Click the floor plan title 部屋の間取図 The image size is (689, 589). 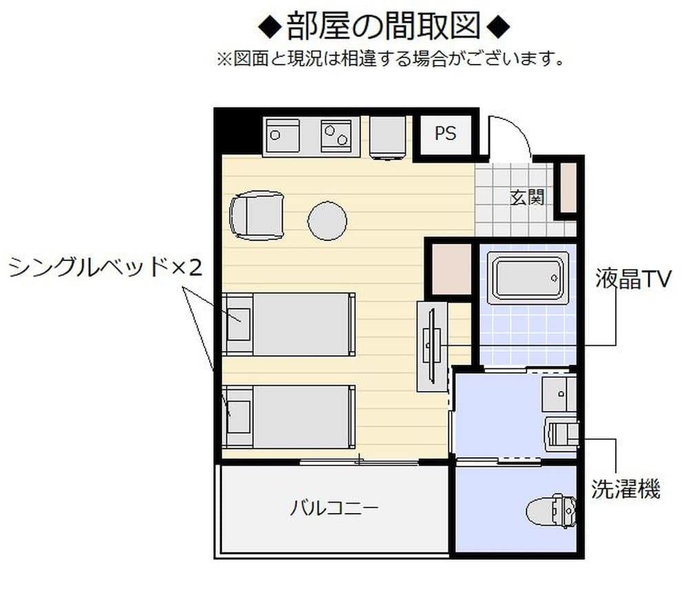(383, 28)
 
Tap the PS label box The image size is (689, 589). (445, 134)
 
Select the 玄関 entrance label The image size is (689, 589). (528, 198)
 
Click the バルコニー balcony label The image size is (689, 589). (333, 510)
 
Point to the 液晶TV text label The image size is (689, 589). (633, 279)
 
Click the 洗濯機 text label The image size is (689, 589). (626, 489)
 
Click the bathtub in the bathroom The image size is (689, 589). (528, 278)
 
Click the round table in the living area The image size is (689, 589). (327, 221)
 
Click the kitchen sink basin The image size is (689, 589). (283, 135)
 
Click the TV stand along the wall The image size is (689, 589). (432, 346)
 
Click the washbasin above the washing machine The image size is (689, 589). (559, 393)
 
